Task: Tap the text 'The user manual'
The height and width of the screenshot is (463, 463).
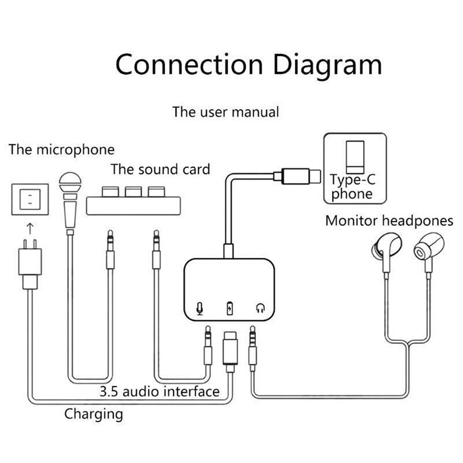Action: click(225, 112)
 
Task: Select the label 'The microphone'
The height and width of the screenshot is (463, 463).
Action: click(61, 150)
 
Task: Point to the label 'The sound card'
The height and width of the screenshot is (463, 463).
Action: click(160, 169)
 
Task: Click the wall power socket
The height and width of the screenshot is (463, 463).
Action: click(30, 199)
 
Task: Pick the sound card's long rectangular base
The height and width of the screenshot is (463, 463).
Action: click(133, 206)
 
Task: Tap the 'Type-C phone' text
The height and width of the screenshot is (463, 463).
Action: click(352, 187)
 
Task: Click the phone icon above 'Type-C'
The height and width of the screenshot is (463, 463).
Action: click(355, 156)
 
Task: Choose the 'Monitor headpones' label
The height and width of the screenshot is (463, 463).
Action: click(389, 221)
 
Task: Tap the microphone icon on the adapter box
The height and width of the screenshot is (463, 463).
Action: click(200, 308)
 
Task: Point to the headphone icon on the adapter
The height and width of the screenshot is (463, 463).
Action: click(260, 308)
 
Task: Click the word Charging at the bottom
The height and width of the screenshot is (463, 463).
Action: click(94, 413)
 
